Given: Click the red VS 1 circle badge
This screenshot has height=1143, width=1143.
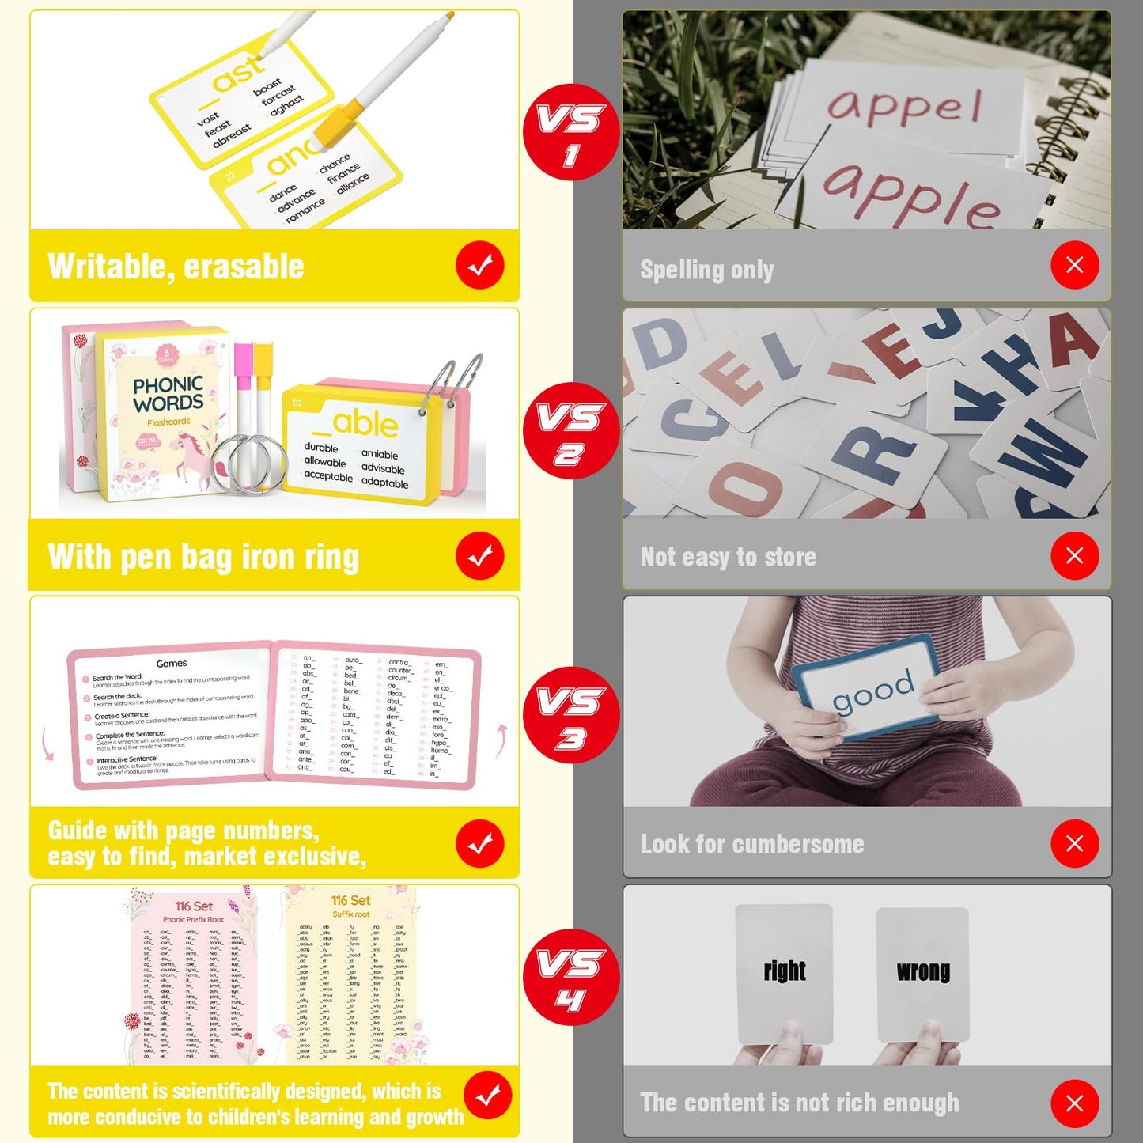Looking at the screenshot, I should pyautogui.click(x=571, y=132).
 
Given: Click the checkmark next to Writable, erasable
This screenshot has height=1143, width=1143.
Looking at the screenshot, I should pyautogui.click(x=479, y=266).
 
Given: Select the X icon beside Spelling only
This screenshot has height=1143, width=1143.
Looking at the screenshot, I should pyautogui.click(x=1074, y=265).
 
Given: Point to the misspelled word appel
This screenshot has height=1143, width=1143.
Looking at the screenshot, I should pyautogui.click(x=904, y=106).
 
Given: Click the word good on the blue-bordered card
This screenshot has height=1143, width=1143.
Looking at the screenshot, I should pyautogui.click(x=872, y=690).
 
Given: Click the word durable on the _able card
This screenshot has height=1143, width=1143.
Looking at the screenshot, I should pyautogui.click(x=321, y=448).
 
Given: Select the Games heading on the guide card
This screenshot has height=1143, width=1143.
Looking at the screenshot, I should pyautogui.click(x=172, y=664).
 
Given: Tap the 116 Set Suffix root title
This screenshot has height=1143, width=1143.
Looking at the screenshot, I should pyautogui.click(x=351, y=906).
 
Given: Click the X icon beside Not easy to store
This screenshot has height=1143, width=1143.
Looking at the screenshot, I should pyautogui.click(x=1074, y=555).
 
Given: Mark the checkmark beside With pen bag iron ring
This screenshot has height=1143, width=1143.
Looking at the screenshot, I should pyautogui.click(x=479, y=556).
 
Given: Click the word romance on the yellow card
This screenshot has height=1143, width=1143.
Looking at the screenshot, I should pyautogui.click(x=305, y=210).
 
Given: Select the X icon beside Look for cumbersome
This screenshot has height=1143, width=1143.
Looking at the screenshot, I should pyautogui.click(x=1074, y=843).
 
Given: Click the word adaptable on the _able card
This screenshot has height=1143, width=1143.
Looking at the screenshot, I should pyautogui.click(x=384, y=483).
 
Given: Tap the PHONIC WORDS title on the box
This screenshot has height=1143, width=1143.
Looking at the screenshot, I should pyautogui.click(x=168, y=394).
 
